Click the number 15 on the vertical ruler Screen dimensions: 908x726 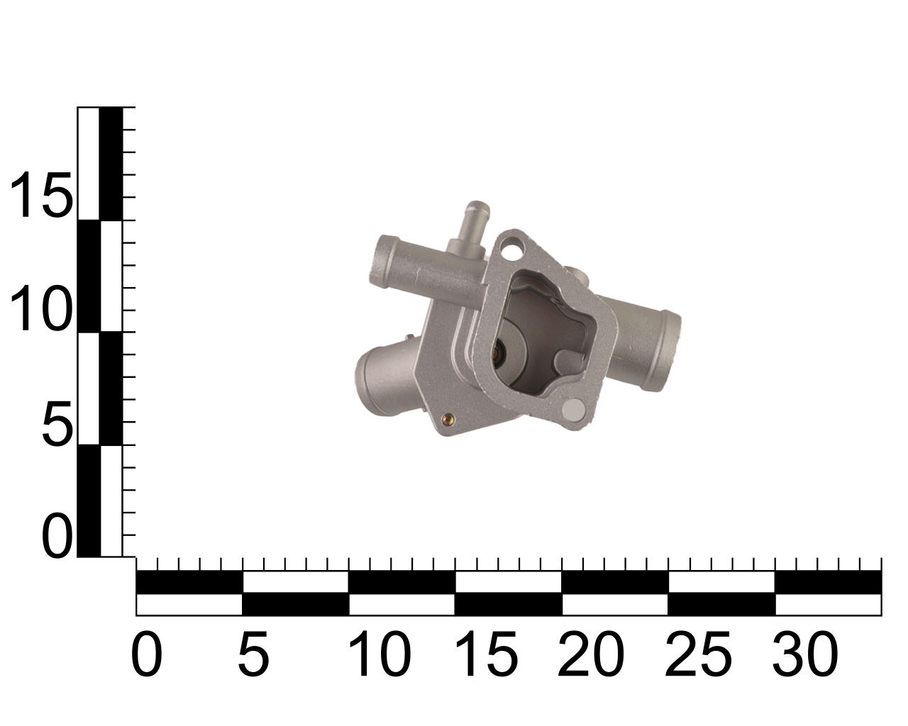40,195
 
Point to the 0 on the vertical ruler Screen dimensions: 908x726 57,536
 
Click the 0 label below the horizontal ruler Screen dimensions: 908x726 146,654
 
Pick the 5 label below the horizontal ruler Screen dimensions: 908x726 253,654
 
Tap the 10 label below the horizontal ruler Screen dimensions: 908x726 380,654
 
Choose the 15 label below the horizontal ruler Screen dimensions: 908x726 486,654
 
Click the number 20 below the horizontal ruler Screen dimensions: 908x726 591,654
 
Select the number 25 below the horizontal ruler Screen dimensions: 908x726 698,654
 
